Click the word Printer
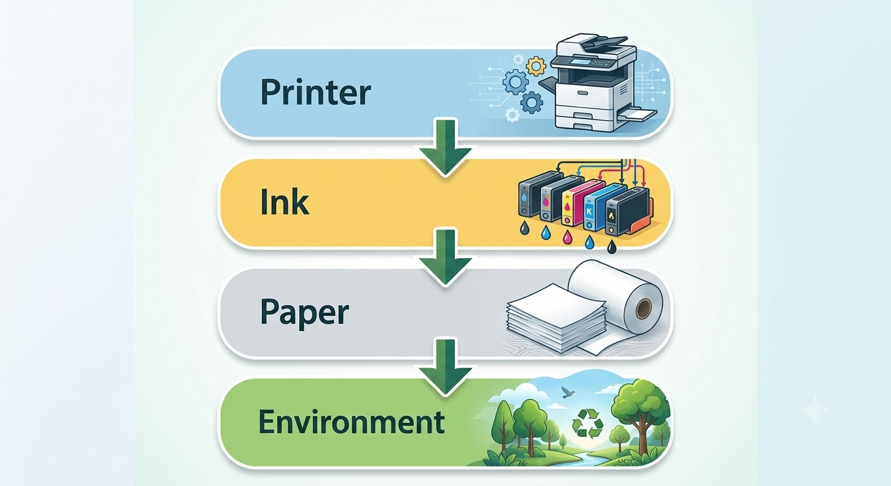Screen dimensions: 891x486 pos(315,92)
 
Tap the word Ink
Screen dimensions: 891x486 pos(284,202)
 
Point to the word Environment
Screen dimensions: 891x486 pos(352,422)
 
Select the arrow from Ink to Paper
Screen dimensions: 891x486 pos(445,257)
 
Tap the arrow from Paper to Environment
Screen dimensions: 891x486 pos(445,367)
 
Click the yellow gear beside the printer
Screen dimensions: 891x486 pos(536,66)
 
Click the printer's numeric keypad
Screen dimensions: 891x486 pos(595,63)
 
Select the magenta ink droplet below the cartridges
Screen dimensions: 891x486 pos(567,237)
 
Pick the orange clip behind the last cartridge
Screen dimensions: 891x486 pos(642,219)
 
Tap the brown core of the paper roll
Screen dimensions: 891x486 pos(643,309)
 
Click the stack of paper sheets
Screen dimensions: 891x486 pos(557,318)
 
